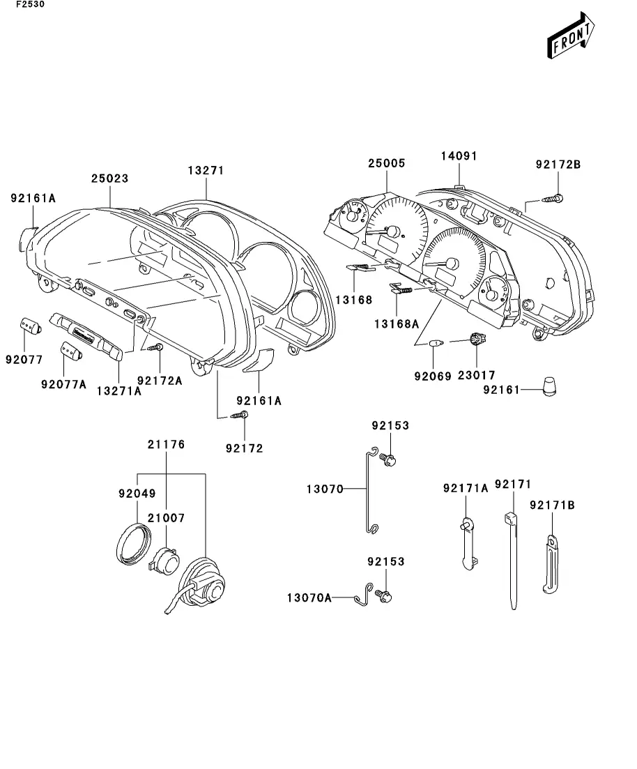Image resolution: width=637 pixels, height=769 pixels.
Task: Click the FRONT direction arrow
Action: click(x=570, y=36)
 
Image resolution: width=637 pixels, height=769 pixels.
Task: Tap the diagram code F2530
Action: click(x=30, y=4)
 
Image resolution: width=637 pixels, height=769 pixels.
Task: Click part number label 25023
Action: click(x=110, y=178)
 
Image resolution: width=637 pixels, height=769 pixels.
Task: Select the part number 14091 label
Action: click(x=459, y=156)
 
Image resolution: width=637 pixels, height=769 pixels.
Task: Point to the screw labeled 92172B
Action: click(x=553, y=199)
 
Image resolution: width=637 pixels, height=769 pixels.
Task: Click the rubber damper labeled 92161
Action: click(x=549, y=386)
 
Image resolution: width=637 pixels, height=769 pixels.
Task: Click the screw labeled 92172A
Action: click(x=156, y=347)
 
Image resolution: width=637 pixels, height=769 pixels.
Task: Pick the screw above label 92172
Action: click(x=240, y=415)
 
